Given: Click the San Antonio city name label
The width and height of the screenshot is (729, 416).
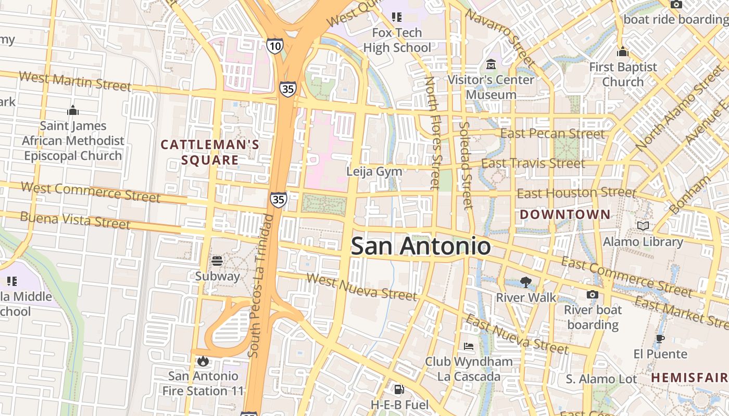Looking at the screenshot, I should click(420, 246).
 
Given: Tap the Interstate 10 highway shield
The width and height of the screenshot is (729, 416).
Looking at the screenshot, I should click(275, 46).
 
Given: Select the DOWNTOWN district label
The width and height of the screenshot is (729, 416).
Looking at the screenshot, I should click(565, 214).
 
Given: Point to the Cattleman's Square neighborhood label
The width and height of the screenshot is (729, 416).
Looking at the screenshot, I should click(210, 152).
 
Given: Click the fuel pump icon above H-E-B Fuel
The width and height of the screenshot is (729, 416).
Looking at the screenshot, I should click(399, 389).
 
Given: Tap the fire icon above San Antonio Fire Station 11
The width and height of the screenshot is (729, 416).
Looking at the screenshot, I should click(203, 360).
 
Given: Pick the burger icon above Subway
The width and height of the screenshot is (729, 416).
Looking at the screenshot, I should click(217, 261).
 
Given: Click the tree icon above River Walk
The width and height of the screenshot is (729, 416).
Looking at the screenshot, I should click(526, 282).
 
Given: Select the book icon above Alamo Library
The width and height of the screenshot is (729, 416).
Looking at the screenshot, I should click(643, 226).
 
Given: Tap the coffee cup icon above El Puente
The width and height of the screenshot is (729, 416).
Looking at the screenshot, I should click(660, 339).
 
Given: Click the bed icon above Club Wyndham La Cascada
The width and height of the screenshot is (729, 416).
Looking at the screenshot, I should click(469, 346).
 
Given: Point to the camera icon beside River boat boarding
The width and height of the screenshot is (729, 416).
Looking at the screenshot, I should click(592, 295).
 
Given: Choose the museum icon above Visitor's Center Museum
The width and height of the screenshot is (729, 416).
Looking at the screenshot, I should click(491, 64).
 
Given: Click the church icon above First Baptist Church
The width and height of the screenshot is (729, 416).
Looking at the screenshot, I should click(623, 51).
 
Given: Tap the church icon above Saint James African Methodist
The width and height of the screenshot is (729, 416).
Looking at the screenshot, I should click(73, 110).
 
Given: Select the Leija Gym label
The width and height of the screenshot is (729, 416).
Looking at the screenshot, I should click(375, 171).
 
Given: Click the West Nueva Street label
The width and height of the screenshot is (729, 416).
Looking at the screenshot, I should click(362, 287).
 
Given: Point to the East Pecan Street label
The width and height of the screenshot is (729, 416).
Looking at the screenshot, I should click(552, 134).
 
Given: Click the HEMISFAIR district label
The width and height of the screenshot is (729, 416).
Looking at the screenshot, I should click(689, 378).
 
